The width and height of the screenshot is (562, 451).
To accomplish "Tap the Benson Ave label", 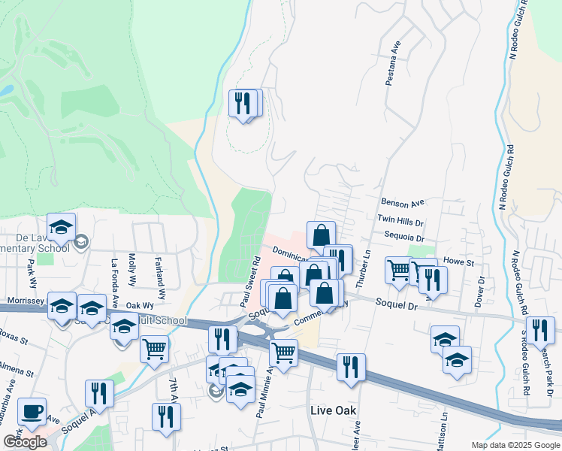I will coord(403,203).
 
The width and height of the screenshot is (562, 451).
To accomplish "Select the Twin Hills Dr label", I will coord(400,222).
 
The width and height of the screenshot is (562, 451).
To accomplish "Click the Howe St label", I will coord(458,262).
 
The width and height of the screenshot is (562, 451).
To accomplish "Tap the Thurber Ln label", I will coord(367,264).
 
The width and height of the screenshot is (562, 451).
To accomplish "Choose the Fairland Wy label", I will coord(160,276).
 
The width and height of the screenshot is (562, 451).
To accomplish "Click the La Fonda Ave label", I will coord(115,281).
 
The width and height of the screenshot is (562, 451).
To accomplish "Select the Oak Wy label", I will coord(140,306).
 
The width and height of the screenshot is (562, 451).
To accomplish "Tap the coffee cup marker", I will coord(32,411).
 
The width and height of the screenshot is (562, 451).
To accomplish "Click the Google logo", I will coord(25,442).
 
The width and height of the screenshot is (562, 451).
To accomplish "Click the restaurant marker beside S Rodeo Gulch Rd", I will coord(540,330).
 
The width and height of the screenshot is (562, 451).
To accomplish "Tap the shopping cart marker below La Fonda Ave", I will coord(154,348).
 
